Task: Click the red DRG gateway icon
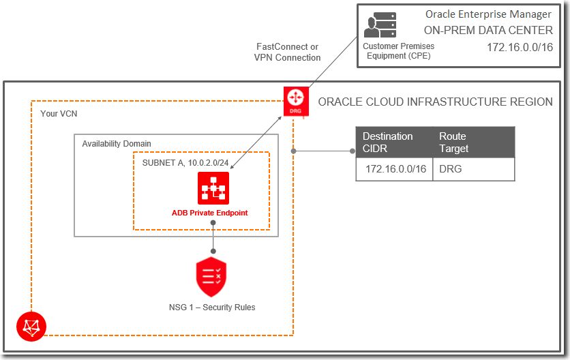(297, 100)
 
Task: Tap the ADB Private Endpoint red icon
(213, 188)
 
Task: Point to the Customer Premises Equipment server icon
(379, 26)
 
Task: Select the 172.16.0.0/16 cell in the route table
(395, 168)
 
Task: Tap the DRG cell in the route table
(451, 168)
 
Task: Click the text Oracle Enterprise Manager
(489, 14)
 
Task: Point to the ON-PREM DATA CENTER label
(488, 30)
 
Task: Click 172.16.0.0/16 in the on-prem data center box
(520, 48)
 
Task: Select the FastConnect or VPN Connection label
(287, 52)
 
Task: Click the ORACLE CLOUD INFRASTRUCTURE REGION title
(435, 102)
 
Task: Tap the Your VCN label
(59, 114)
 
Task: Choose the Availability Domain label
(117, 144)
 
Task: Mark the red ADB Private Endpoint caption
(210, 213)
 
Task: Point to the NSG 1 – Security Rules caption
(212, 307)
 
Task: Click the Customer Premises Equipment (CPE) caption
(398, 51)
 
